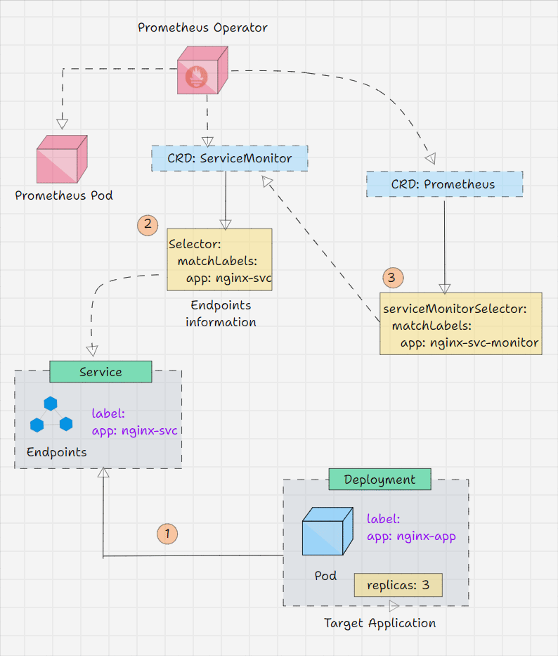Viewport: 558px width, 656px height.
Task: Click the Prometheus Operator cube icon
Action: [202, 70]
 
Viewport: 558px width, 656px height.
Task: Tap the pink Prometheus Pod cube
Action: [62, 157]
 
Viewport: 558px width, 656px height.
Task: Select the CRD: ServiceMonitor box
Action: [229, 158]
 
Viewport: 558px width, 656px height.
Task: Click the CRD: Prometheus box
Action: [444, 184]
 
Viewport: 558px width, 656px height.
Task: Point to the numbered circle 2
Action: [148, 225]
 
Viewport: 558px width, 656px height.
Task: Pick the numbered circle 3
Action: [391, 277]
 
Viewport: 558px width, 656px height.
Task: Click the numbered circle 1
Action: [167, 533]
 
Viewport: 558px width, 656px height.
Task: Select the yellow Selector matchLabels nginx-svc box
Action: [219, 259]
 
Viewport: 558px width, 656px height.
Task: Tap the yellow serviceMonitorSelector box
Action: [460, 323]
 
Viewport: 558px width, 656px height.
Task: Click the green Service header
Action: [100, 372]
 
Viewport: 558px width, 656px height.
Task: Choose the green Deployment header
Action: [379, 480]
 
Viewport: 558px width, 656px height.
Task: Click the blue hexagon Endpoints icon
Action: [51, 416]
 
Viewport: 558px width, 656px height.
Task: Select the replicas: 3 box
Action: [398, 584]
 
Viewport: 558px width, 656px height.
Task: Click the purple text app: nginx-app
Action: [411, 536]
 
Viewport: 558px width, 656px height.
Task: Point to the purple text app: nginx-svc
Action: [134, 430]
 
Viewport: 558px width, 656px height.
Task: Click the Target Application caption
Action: [379, 623]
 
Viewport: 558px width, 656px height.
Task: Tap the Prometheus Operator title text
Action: [202, 28]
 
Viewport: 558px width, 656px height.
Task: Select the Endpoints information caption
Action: [221, 314]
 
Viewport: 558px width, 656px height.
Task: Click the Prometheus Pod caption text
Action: [64, 195]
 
